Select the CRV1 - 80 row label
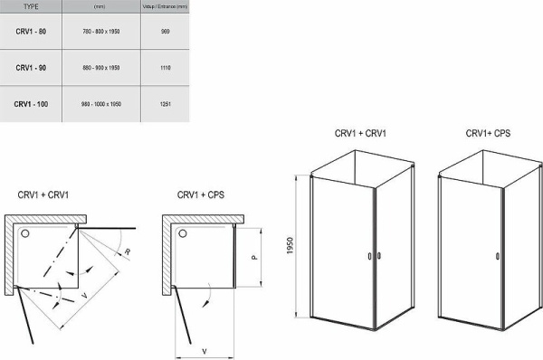point(31,33)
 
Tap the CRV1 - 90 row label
point(31,69)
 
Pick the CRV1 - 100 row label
point(32,105)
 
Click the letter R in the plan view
point(130,251)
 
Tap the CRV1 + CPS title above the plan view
point(201,194)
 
